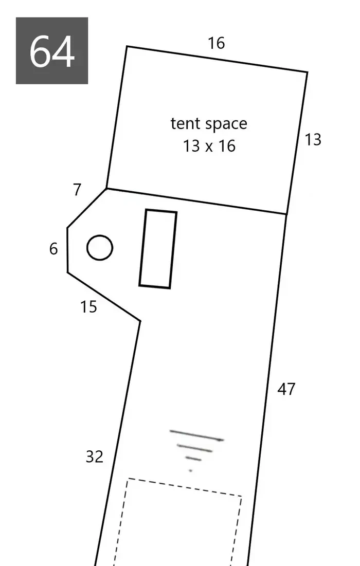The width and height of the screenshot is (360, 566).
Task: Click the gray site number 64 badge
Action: (x=51, y=50)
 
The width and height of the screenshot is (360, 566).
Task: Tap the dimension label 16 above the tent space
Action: (x=217, y=43)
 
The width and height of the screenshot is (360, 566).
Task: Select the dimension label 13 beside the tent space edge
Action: (x=313, y=140)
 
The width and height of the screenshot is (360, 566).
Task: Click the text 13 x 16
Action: (x=209, y=146)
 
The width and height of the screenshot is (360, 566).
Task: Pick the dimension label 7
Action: (x=77, y=190)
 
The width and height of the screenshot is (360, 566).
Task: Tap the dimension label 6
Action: (x=53, y=249)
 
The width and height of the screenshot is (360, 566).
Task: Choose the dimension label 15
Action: (x=88, y=307)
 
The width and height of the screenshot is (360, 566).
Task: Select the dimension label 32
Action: (x=94, y=457)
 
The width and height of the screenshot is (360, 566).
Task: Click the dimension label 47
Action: (x=286, y=390)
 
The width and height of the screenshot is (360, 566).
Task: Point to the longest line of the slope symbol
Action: (x=197, y=435)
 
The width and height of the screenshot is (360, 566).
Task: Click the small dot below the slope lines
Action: (x=190, y=471)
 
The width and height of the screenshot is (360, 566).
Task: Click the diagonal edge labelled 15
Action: (x=104, y=296)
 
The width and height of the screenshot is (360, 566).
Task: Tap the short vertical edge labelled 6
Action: (x=67, y=250)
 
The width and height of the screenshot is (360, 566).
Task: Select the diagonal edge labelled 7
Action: (x=87, y=208)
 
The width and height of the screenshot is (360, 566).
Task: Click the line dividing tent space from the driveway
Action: (x=196, y=201)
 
